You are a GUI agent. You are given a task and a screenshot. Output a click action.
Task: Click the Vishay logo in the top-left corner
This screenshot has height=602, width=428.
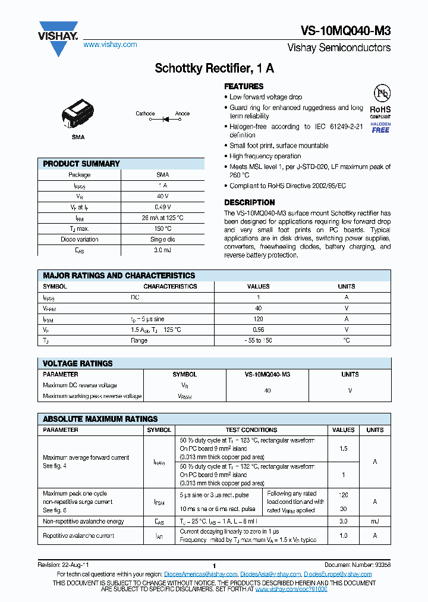(x=58, y=37)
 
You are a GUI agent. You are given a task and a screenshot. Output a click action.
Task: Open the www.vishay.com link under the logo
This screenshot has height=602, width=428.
(x=110, y=45)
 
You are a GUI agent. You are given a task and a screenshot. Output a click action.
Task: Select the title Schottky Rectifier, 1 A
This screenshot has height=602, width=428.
(x=214, y=68)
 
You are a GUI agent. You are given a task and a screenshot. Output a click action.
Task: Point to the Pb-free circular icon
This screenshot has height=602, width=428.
(x=380, y=93)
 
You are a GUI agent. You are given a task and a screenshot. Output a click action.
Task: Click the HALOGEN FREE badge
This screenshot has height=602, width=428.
(x=380, y=127)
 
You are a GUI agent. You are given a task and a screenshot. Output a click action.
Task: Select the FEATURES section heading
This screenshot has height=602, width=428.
(x=244, y=86)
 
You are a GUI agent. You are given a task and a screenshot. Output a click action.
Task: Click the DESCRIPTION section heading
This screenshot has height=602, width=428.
(x=249, y=202)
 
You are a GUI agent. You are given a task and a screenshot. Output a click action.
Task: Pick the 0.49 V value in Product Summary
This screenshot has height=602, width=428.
(x=162, y=207)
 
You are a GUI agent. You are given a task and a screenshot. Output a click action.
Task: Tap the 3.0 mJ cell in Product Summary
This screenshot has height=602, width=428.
(x=162, y=250)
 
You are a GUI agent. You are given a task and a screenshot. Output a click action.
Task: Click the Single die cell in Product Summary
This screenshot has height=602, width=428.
(x=162, y=239)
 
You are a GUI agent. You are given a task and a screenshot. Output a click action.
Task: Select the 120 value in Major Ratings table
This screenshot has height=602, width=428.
(x=258, y=319)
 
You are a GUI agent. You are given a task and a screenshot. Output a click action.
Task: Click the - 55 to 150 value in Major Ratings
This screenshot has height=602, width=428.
(x=258, y=340)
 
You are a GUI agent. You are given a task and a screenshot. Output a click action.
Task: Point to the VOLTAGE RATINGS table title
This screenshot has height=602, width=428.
(x=78, y=363)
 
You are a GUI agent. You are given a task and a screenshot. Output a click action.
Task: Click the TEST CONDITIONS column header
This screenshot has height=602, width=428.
(x=251, y=429)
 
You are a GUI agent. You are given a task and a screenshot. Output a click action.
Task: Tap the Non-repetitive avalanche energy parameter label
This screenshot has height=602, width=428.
(x=83, y=522)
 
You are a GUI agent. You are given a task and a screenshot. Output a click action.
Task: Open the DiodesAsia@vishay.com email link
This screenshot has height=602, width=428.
(x=270, y=574)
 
